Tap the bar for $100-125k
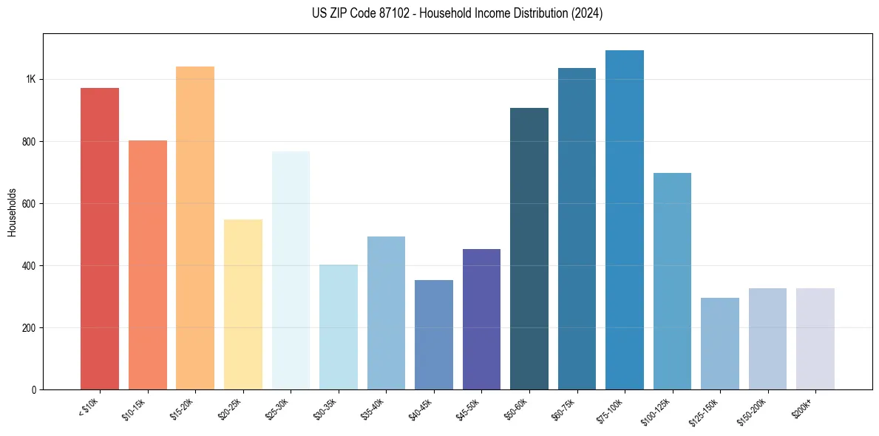pos(672,281)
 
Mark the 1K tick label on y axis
pos(30,79)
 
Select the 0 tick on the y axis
pos(34,389)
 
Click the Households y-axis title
pos(12,211)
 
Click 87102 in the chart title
pos(388,13)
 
